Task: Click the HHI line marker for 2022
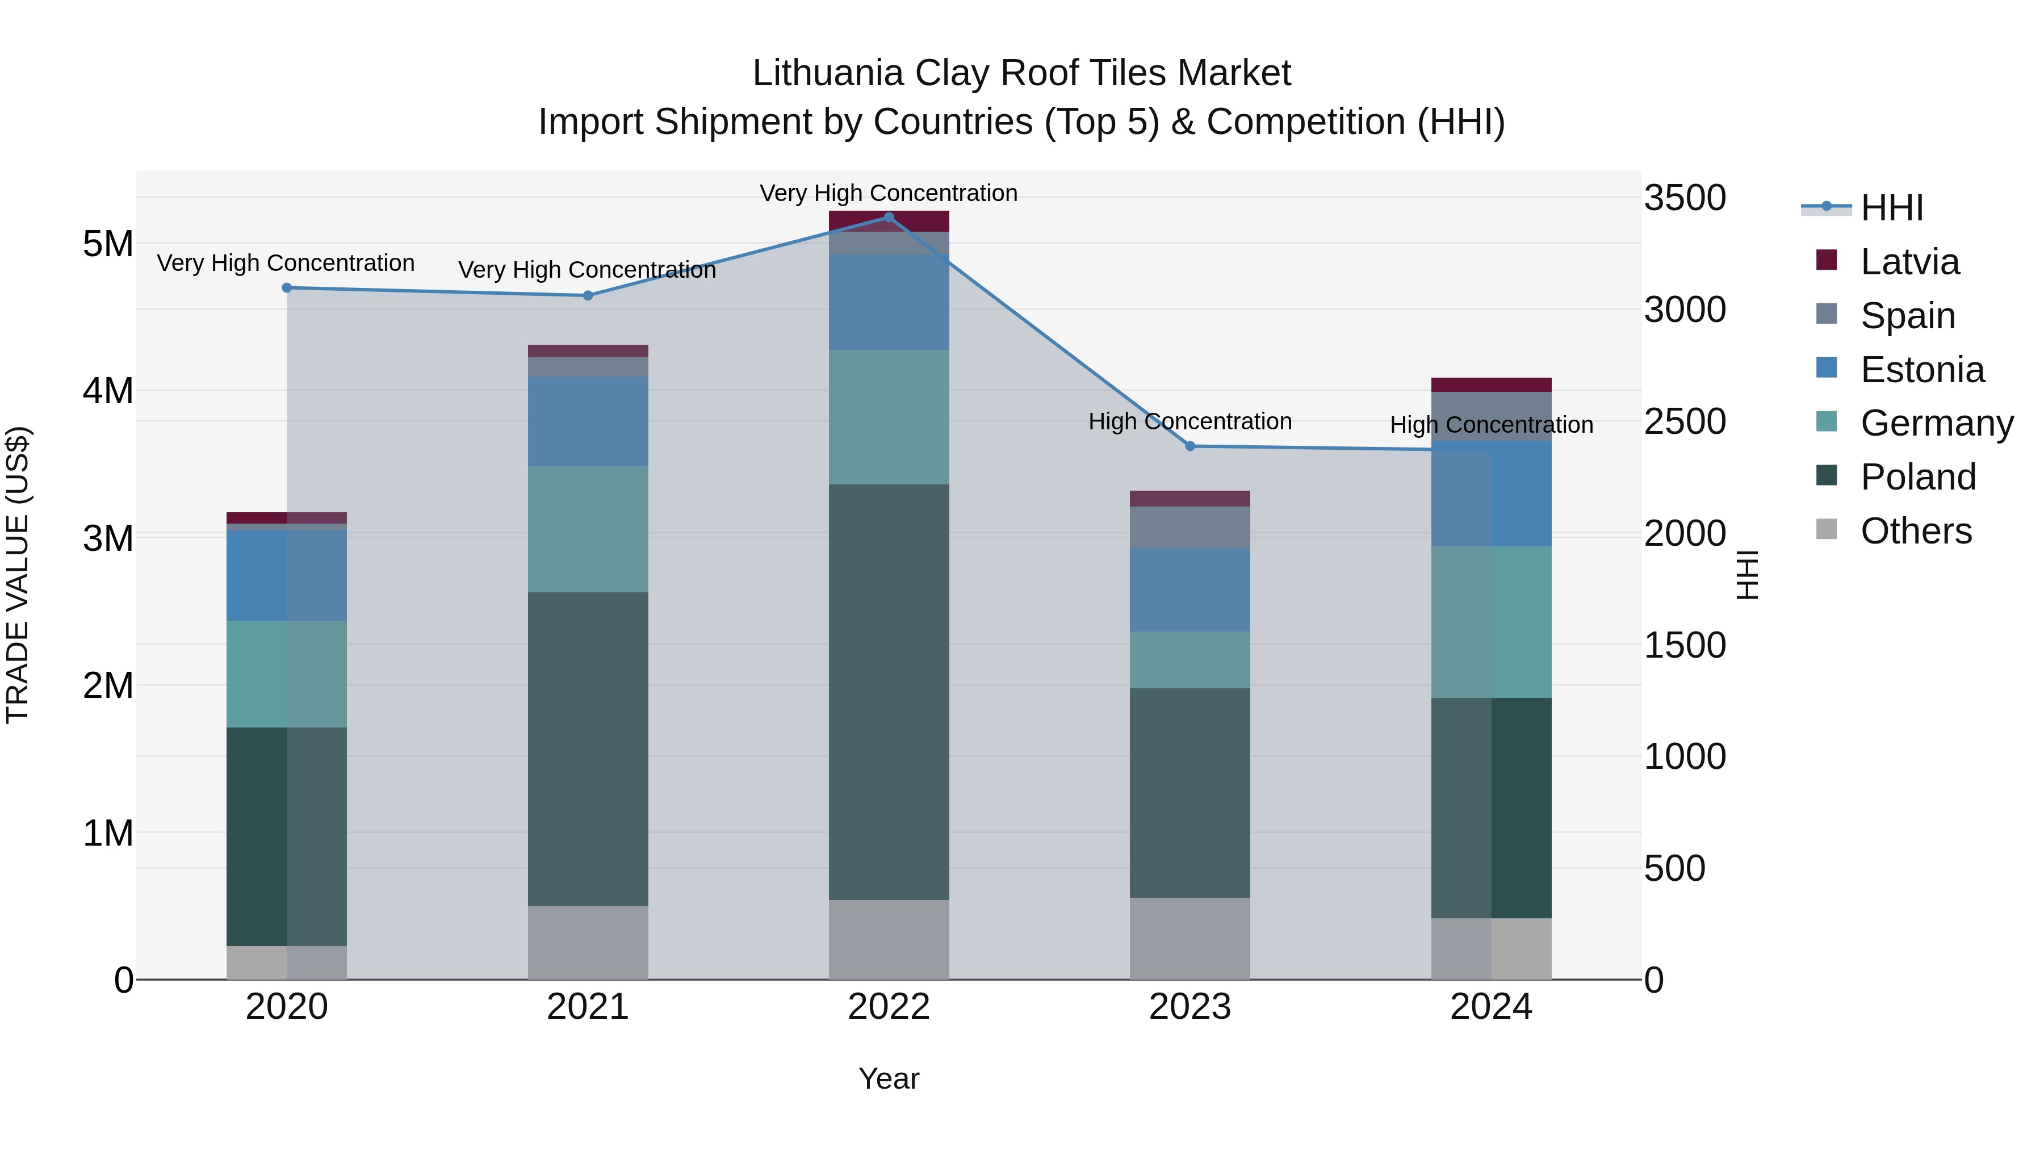889,218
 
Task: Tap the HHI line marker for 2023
1189,446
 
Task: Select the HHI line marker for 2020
287,288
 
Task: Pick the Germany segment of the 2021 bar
588,529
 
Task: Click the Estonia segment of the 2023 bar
1189,589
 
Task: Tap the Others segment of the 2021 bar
588,942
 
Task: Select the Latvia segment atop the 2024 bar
1491,385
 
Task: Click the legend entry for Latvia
1909,262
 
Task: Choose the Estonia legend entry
1922,370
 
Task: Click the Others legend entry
1916,531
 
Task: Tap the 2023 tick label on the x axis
1189,1007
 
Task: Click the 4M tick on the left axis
108,391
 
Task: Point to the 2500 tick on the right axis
1685,421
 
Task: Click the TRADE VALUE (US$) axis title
18,575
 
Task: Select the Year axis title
889,1078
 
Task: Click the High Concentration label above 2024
1491,425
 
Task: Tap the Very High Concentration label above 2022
889,193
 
